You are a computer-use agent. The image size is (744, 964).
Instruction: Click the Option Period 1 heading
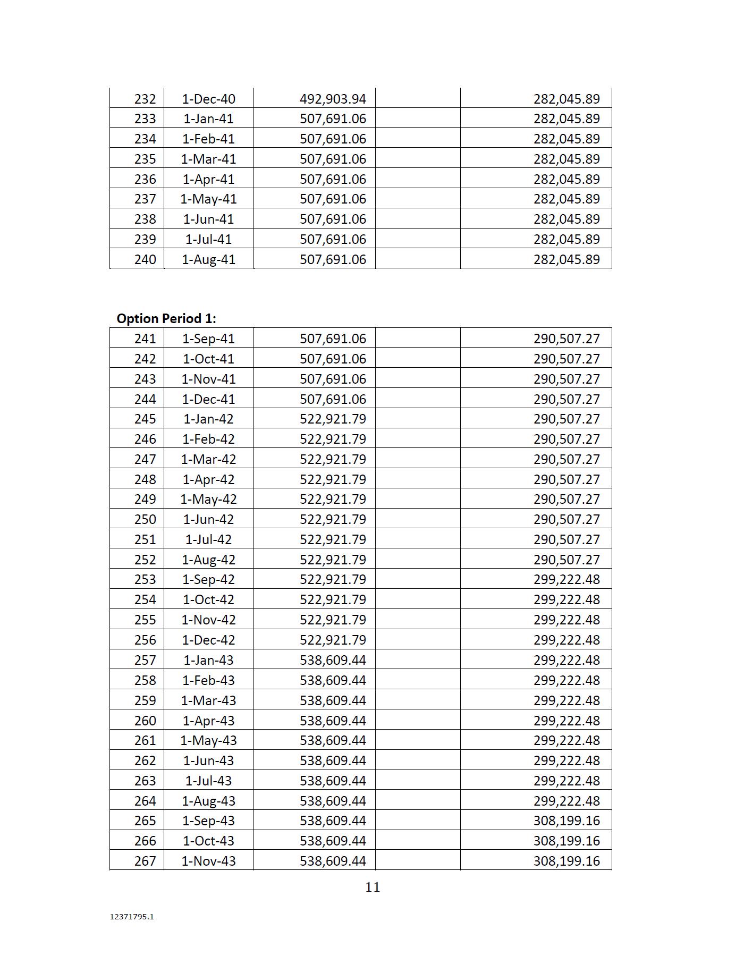click(166, 318)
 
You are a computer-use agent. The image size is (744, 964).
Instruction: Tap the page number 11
click(373, 887)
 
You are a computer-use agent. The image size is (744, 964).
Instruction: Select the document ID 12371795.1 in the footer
click(132, 917)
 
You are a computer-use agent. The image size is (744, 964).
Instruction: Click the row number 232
click(145, 99)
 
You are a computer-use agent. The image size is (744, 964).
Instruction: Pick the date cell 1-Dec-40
click(208, 99)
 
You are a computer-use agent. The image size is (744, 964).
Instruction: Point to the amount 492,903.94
click(333, 99)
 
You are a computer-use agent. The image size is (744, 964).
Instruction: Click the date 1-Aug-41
click(208, 260)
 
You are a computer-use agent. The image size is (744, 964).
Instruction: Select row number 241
click(145, 339)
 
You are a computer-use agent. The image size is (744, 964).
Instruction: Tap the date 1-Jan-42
click(208, 419)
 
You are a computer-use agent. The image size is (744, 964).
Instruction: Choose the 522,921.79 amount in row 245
click(333, 419)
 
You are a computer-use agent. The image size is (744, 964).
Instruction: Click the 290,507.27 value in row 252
click(567, 560)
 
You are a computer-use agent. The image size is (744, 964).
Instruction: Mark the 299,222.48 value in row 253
click(567, 580)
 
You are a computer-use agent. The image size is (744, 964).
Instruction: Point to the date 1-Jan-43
click(208, 660)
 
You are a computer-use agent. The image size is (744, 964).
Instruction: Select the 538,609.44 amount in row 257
click(333, 660)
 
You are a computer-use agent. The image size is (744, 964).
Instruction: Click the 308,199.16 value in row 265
click(567, 821)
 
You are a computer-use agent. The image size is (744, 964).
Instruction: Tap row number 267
click(145, 861)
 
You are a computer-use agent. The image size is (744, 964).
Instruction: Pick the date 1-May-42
click(208, 499)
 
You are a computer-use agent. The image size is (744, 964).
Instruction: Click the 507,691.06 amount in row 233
click(333, 119)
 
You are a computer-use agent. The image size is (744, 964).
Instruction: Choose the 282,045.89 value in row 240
click(567, 260)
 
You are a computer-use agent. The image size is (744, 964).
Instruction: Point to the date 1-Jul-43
click(208, 781)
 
